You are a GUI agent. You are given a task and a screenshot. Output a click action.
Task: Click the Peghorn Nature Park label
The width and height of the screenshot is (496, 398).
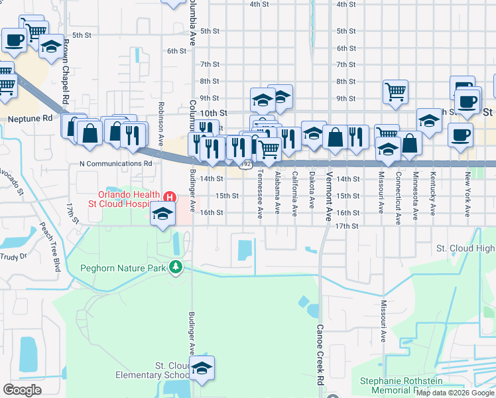[123, 269]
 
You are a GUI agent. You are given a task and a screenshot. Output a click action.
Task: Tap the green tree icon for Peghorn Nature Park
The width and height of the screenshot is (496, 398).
[175, 267]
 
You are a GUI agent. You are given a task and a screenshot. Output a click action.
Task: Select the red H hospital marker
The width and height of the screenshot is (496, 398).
[170, 197]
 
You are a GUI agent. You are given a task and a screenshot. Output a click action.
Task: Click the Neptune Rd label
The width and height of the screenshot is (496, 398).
[30, 119]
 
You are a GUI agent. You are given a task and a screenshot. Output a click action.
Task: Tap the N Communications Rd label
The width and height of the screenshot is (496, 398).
[116, 163]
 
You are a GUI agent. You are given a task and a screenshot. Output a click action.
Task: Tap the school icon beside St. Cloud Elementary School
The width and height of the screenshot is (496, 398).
[202, 369]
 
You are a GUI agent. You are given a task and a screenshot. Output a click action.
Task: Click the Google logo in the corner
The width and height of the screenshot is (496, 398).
[22, 390]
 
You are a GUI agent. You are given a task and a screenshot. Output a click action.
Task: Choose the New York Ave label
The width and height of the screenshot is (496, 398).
[467, 195]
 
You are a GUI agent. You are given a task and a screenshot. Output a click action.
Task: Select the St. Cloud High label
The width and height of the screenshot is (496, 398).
[465, 248]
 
